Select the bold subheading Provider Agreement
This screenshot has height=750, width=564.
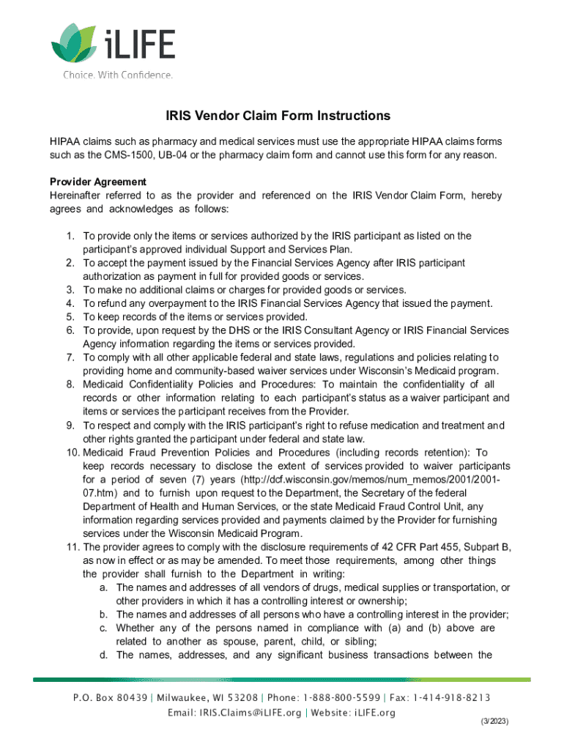coord(98,182)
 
